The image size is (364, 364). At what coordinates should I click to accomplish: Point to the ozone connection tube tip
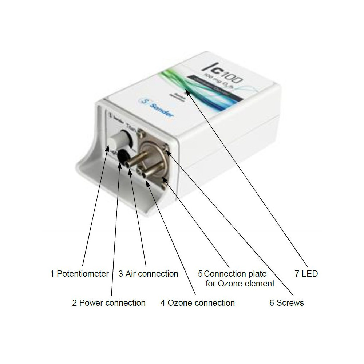pos(146,175)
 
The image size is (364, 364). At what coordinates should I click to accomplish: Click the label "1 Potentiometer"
pos(79,274)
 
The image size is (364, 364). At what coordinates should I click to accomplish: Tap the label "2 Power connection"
pos(108,302)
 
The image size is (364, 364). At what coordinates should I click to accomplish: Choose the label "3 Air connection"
pos(148,274)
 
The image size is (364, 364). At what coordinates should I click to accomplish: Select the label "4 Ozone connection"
pos(197,302)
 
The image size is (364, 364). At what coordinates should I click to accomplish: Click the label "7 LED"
pos(306,274)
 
